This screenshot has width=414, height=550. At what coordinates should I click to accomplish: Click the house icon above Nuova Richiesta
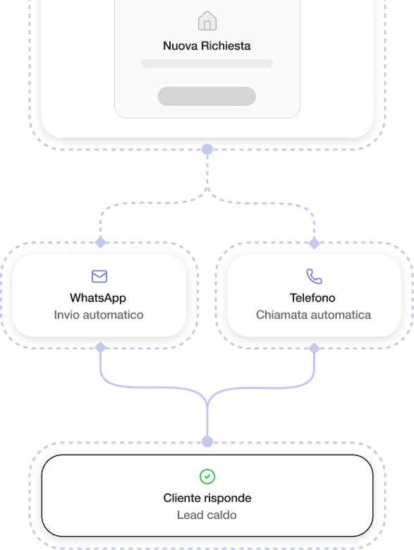click(207, 20)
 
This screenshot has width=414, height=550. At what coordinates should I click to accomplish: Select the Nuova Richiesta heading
click(207, 46)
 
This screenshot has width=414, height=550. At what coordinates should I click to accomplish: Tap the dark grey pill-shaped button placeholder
click(207, 97)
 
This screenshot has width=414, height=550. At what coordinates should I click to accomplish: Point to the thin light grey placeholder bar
click(207, 64)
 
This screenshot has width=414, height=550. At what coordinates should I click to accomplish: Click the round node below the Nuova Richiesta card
click(207, 149)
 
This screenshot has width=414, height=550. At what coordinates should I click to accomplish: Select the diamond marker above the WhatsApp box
click(101, 242)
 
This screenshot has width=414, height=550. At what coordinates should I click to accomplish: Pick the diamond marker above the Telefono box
click(314, 243)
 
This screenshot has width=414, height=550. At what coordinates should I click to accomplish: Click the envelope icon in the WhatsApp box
click(99, 276)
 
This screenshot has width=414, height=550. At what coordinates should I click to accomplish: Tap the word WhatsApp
click(98, 298)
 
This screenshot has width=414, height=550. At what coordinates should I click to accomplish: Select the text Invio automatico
click(99, 315)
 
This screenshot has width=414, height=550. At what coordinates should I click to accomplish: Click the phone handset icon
click(314, 276)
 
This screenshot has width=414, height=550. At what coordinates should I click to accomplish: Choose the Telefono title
click(312, 298)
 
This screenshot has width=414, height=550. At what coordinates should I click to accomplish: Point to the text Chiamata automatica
click(313, 315)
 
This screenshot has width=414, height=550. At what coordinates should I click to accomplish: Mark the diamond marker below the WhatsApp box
click(101, 347)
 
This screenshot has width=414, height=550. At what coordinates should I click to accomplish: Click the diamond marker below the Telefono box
click(314, 348)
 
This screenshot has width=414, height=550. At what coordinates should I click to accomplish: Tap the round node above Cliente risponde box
click(207, 441)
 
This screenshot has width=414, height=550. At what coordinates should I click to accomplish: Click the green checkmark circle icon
click(207, 477)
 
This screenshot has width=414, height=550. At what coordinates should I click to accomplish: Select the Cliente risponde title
click(207, 498)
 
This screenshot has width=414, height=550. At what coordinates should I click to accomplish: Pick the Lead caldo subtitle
click(207, 515)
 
